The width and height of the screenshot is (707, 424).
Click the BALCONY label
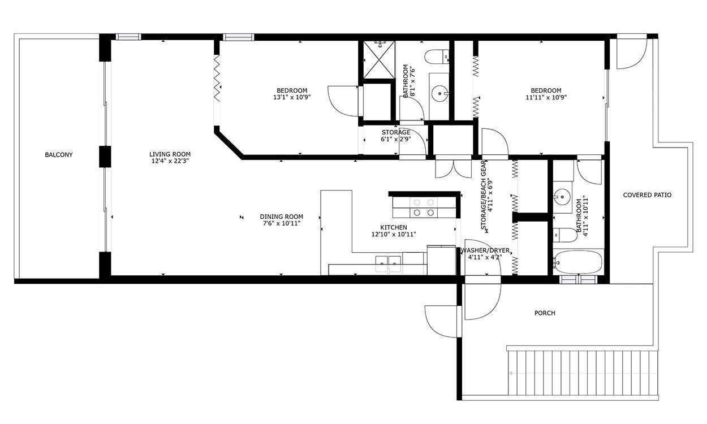pyautogui.click(x=59, y=154)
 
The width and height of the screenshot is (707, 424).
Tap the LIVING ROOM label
pyautogui.click(x=170, y=154)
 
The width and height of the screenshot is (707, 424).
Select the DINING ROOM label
pyautogui.click(x=281, y=217)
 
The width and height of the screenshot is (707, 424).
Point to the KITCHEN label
pyautogui.click(x=394, y=227)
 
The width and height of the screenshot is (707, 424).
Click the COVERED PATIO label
pyautogui.click(x=647, y=195)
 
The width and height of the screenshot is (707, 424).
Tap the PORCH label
pyautogui.click(x=545, y=313)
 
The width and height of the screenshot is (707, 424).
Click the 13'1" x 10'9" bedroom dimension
pyautogui.click(x=292, y=97)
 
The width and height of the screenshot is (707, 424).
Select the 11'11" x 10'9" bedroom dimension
pyautogui.click(x=546, y=97)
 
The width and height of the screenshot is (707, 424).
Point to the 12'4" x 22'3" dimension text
pyautogui.click(x=170, y=161)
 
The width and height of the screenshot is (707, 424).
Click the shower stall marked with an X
pyautogui.click(x=379, y=60)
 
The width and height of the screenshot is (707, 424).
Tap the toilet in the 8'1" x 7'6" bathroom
pyautogui.click(x=437, y=57)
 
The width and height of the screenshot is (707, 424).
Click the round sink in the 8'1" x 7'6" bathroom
pyautogui.click(x=439, y=93)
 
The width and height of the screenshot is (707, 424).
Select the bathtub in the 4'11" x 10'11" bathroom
pyautogui.click(x=578, y=262)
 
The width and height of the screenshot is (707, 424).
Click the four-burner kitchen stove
pyautogui.click(x=424, y=207)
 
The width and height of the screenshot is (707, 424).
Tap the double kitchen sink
pyautogui.click(x=388, y=264)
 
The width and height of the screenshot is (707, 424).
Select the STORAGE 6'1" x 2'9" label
pyautogui.click(x=396, y=136)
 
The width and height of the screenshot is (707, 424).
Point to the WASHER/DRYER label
pyautogui.click(x=485, y=250)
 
